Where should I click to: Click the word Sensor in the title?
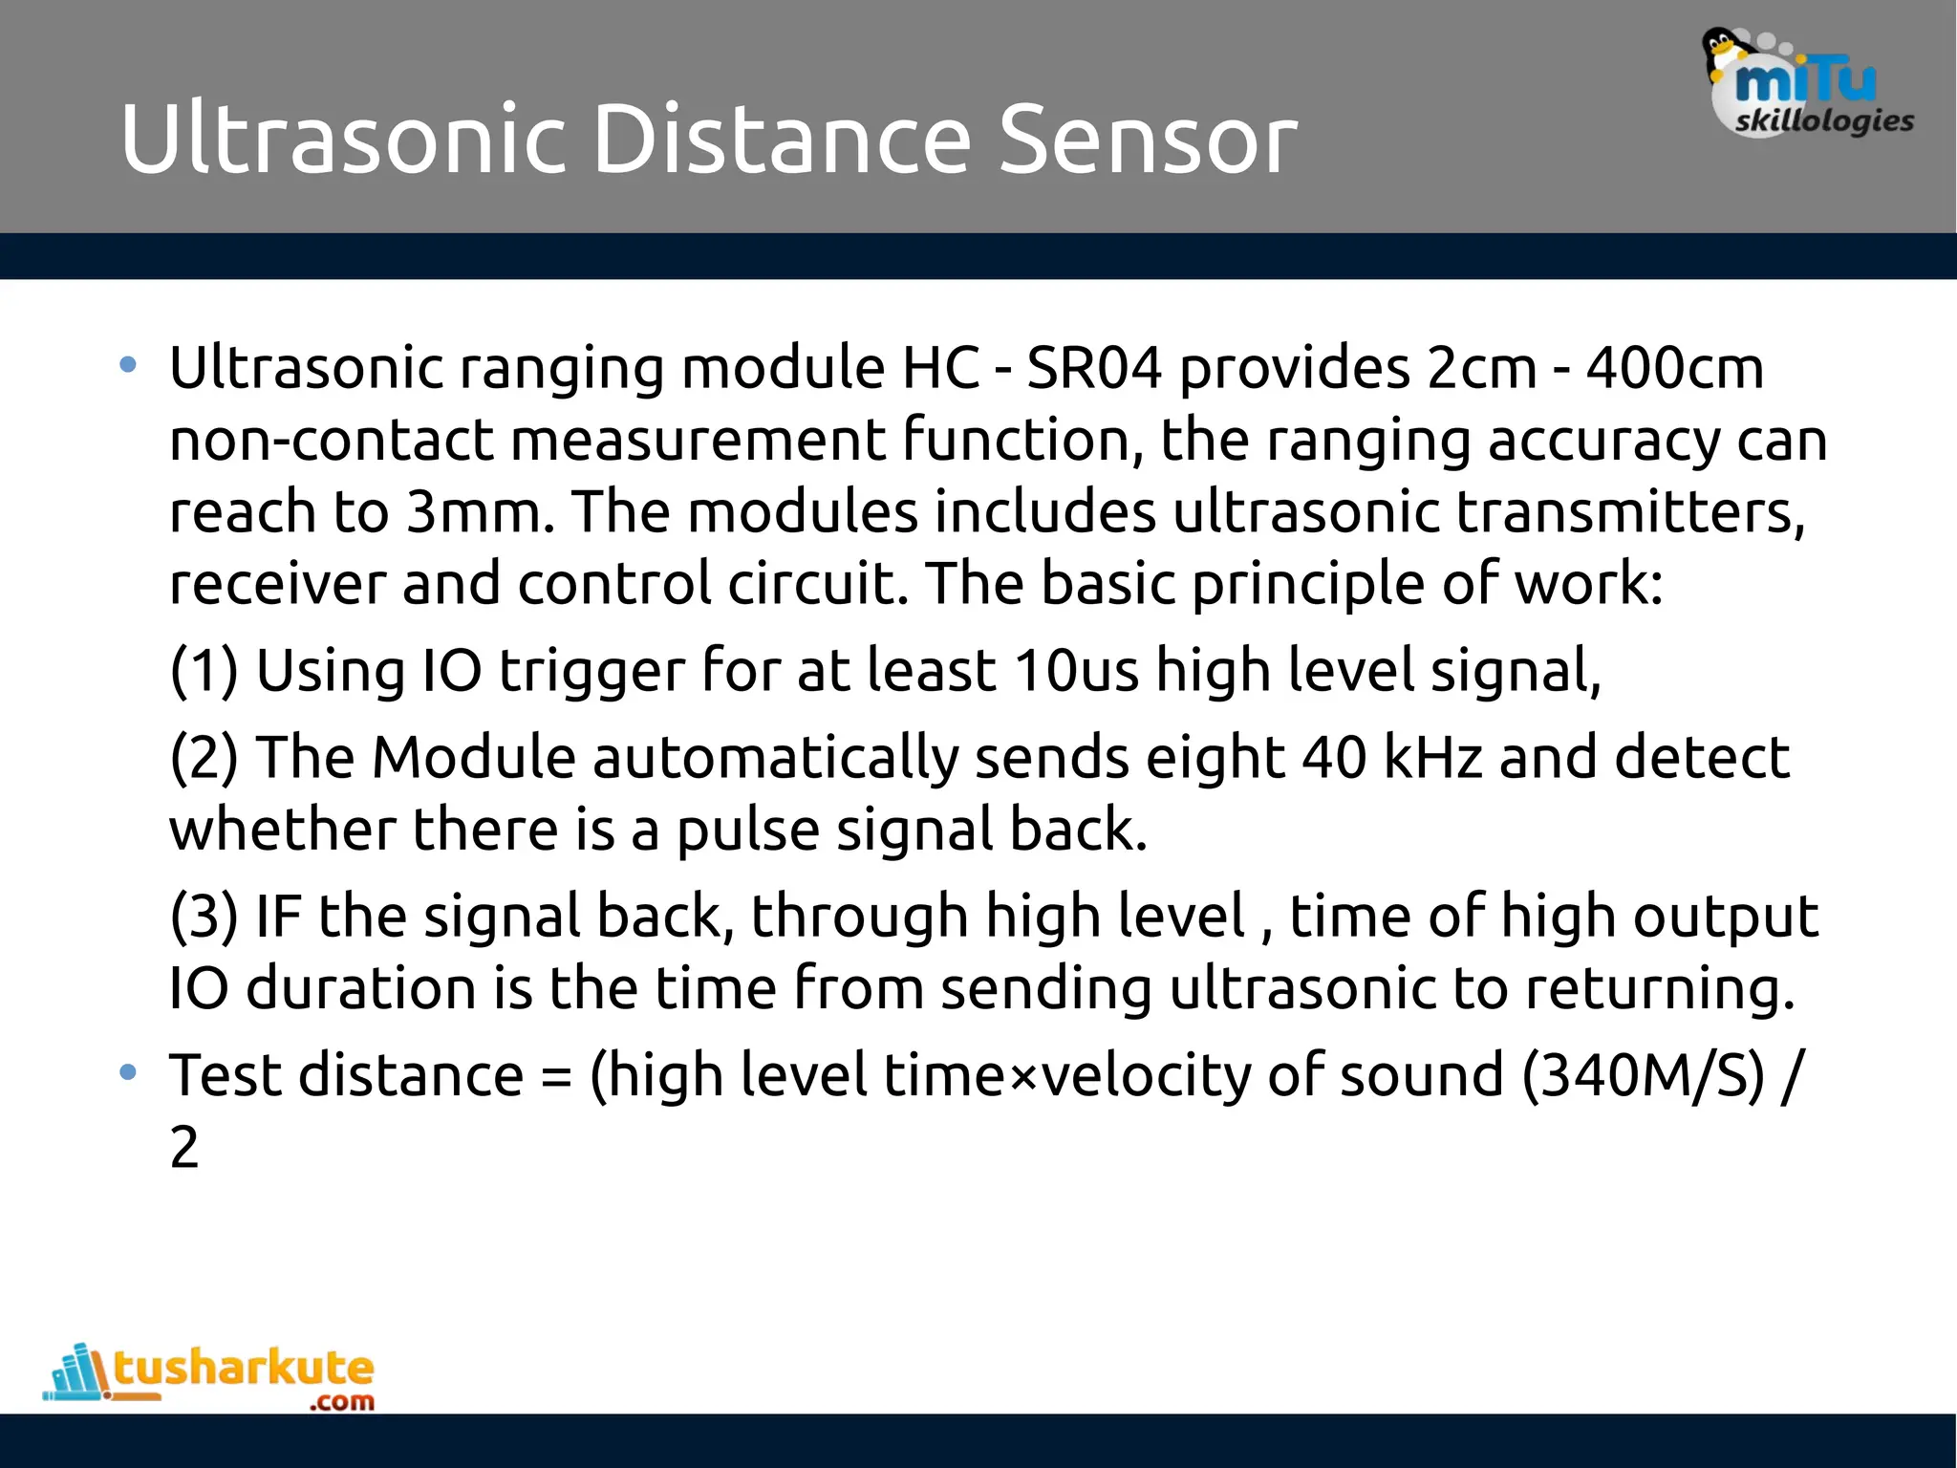[1147, 140]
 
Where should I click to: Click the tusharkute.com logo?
[210, 1376]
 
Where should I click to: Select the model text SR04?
[1094, 368]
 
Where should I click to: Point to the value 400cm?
[1674, 368]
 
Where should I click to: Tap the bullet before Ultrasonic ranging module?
[128, 365]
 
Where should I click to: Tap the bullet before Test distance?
[128, 1072]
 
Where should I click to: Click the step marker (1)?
[204, 671]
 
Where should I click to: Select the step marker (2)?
[204, 758]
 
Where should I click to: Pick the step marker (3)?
[204, 917]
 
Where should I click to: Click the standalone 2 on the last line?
[184, 1148]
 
